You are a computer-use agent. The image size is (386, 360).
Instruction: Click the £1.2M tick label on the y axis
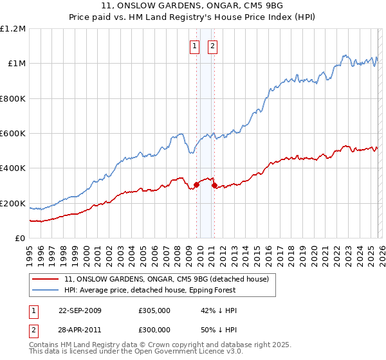tap(13, 29)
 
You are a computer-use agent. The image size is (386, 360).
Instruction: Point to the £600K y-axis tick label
tap(13, 134)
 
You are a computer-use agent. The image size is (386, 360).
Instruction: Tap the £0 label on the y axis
tap(21, 239)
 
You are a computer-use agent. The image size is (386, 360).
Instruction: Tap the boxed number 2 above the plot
tap(212, 46)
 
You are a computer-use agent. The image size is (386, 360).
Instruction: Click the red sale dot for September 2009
tap(196, 185)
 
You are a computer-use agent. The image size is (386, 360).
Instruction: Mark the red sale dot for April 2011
tap(214, 186)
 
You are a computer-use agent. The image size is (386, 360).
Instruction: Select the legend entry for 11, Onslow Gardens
tap(170, 280)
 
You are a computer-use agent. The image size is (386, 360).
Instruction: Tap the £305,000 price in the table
tap(154, 310)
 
